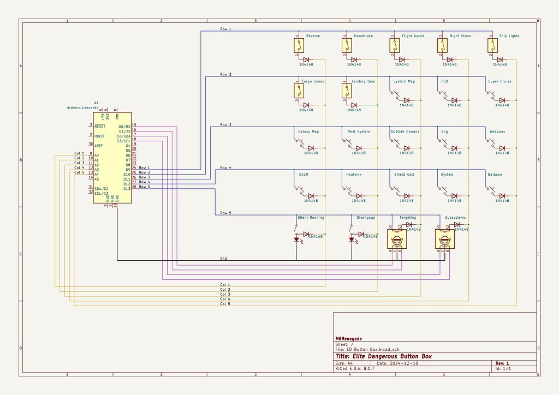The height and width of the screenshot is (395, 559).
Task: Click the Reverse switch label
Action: pyautogui.click(x=313, y=36)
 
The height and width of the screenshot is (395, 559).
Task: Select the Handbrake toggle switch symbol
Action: pyautogui.click(x=346, y=46)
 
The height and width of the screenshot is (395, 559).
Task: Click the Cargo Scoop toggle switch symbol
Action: pyautogui.click(x=298, y=91)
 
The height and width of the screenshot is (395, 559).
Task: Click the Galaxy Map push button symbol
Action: pyautogui.click(x=300, y=144)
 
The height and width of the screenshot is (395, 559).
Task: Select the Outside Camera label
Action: pyautogui.click(x=405, y=131)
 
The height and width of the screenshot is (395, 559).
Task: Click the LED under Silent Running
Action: pyautogui.click(x=296, y=240)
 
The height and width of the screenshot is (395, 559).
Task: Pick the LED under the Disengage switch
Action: pyautogui.click(x=351, y=240)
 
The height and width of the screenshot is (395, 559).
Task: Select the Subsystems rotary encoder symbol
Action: pyautogui.click(x=444, y=239)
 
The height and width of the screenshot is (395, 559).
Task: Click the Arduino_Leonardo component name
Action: pyautogui.click(x=87, y=108)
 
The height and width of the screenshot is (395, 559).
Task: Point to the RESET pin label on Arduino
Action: pyautogui.click(x=99, y=126)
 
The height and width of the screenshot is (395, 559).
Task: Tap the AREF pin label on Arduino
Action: pyautogui.click(x=99, y=146)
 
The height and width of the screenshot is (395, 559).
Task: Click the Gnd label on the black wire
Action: pyautogui.click(x=224, y=258)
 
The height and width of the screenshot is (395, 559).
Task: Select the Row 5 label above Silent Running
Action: pyautogui.click(x=225, y=212)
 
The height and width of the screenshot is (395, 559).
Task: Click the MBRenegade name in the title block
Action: pyautogui.click(x=348, y=339)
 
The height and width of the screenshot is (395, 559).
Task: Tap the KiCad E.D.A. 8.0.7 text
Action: pyautogui.click(x=355, y=369)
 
